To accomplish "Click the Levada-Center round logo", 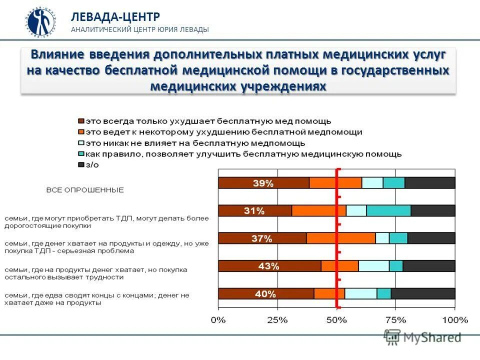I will coord(41,22).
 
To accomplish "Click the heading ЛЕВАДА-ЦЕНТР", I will coord(115,16).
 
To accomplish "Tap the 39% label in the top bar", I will coord(263,183).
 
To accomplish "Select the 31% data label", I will coord(254,211).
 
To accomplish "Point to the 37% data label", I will coord(261,239).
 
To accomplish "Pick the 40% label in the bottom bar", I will coord(265,294).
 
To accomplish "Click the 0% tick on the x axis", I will coord(218,319).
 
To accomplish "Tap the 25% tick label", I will coord(277,319).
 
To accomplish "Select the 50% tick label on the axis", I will coord(336,319).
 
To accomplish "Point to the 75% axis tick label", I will coord(395,319).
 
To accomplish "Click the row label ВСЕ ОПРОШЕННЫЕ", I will coord(85,190).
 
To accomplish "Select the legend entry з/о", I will coord(92,164).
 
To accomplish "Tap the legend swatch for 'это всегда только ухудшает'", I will coord(80,121).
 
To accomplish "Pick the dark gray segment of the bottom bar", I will coord(423,294).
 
